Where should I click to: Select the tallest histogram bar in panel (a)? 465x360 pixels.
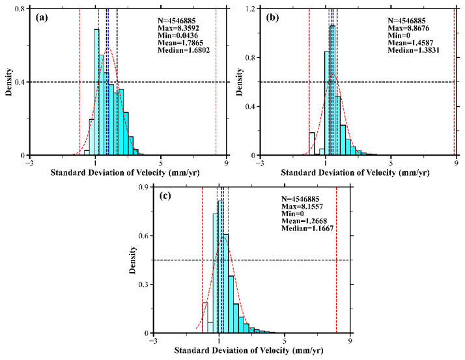[x=96, y=92]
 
